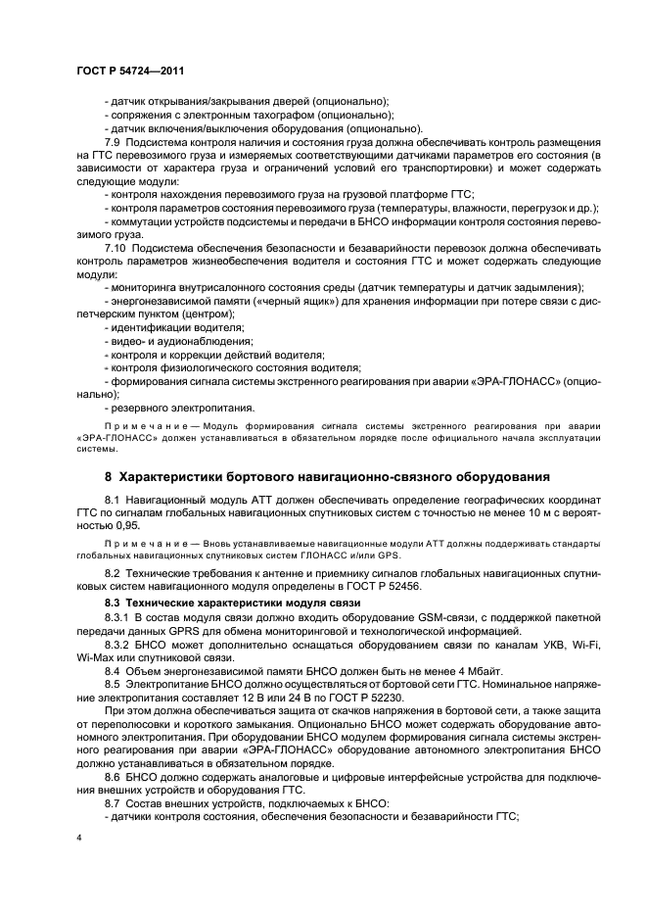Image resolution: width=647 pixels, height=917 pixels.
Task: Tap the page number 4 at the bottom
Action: point(79,838)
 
